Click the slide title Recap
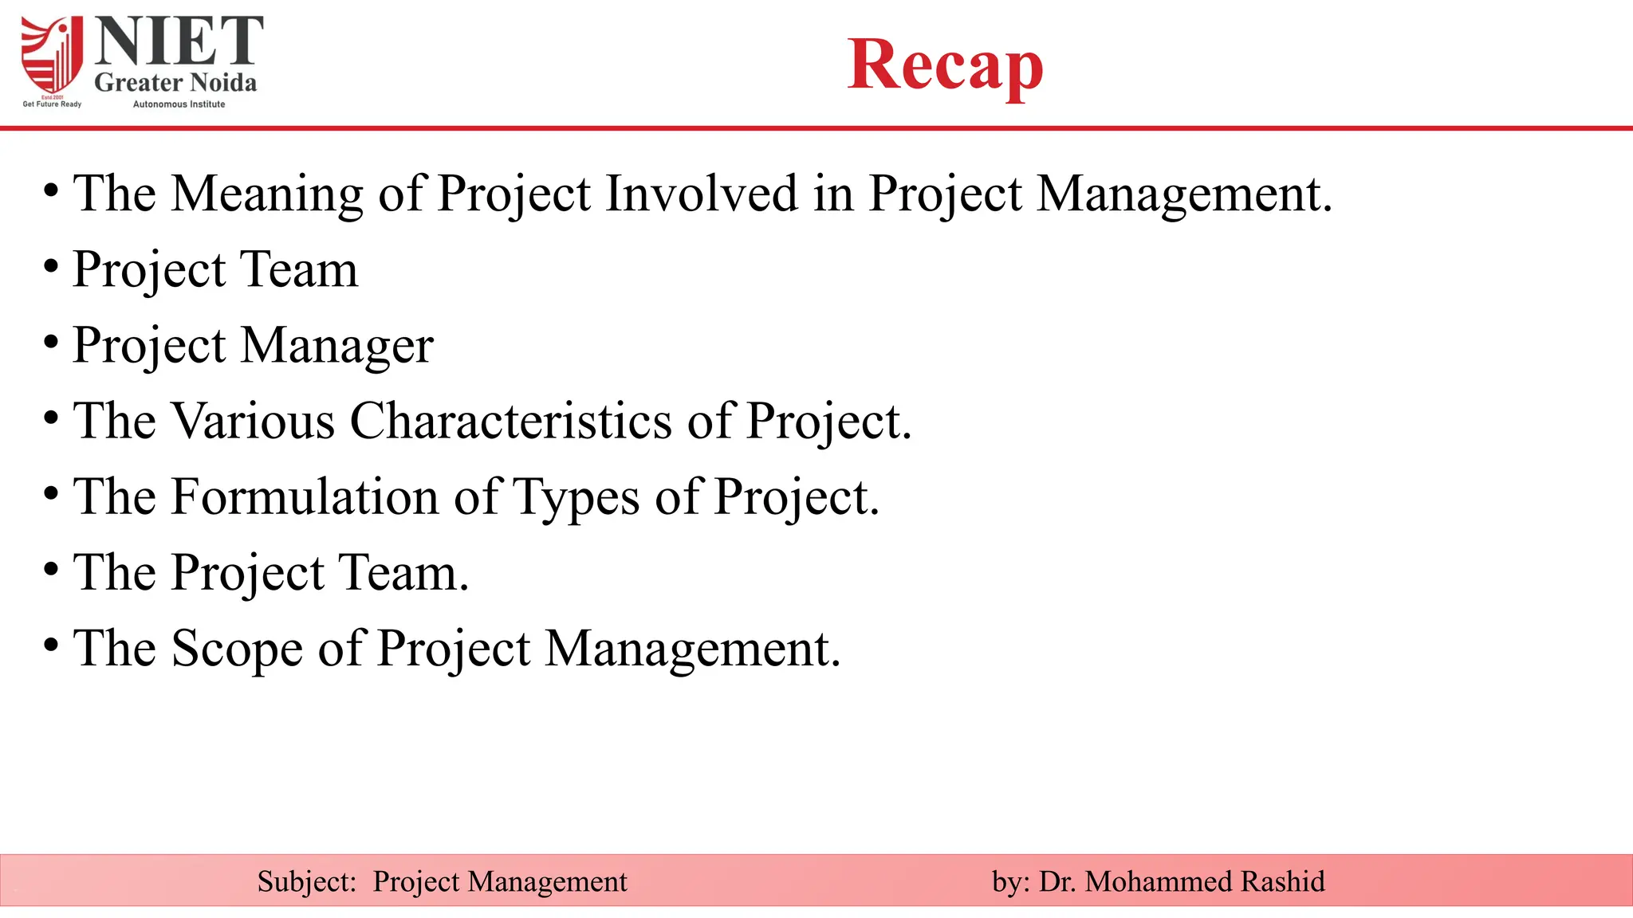click(945, 65)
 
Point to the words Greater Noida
click(175, 82)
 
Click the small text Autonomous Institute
click(179, 104)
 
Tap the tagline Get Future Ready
click(52, 104)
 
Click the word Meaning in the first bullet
click(267, 194)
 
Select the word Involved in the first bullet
click(701, 193)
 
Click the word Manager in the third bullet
click(336, 346)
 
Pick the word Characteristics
click(510, 421)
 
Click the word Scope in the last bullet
click(237, 649)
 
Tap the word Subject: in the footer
click(306, 882)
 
